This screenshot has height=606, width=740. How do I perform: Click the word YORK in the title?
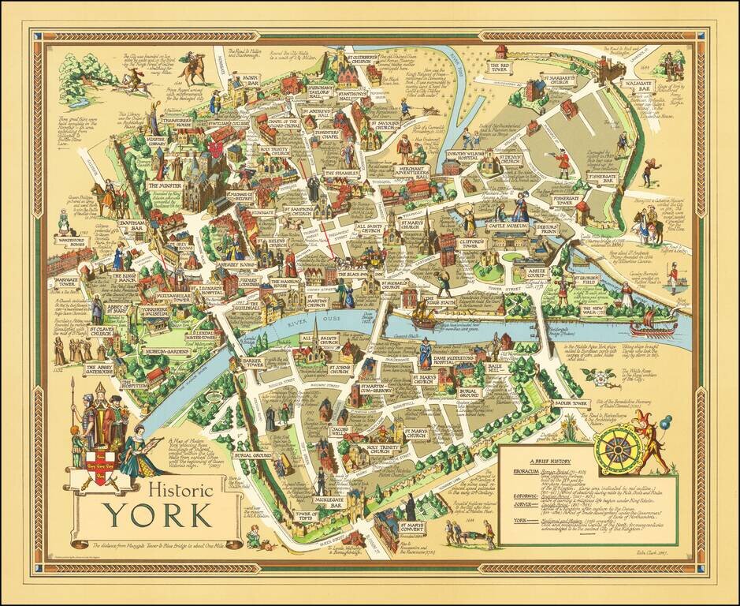click(158, 514)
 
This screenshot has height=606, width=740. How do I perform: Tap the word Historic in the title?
click(178, 488)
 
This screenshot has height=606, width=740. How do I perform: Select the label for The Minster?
click(165, 185)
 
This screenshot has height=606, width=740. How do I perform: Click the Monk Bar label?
click(250, 80)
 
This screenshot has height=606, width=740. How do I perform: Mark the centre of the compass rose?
click(616, 449)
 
